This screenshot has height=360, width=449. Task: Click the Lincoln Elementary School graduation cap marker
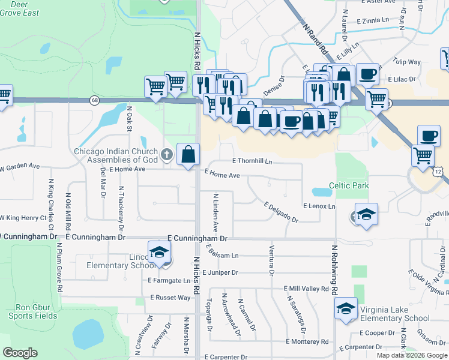click(x=160, y=253)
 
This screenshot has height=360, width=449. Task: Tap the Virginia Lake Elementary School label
click(x=394, y=314)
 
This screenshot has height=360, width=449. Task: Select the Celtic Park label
click(x=349, y=186)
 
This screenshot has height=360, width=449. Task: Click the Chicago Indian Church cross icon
click(x=167, y=155)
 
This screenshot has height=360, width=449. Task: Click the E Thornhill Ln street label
click(x=252, y=161)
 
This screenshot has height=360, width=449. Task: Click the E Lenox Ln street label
click(x=319, y=206)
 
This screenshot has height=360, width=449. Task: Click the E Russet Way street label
click(x=170, y=298)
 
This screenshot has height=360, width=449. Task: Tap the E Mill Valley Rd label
click(x=306, y=289)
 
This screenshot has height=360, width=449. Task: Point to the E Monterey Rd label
click(x=307, y=341)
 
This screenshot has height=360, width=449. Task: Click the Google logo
click(x=20, y=353)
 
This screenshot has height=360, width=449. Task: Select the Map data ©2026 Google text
click(x=411, y=355)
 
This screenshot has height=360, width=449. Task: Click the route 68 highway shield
click(x=95, y=100)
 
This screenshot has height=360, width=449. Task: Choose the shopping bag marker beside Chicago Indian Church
click(x=188, y=154)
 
